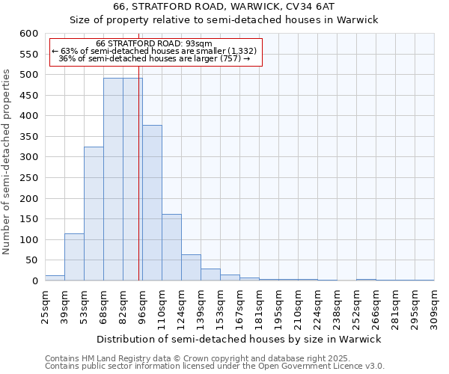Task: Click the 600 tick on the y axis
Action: pos(28,34)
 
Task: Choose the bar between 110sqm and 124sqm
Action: pos(171,248)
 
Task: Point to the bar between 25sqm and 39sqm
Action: pos(55,278)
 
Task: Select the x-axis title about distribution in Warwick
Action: pos(239,339)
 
